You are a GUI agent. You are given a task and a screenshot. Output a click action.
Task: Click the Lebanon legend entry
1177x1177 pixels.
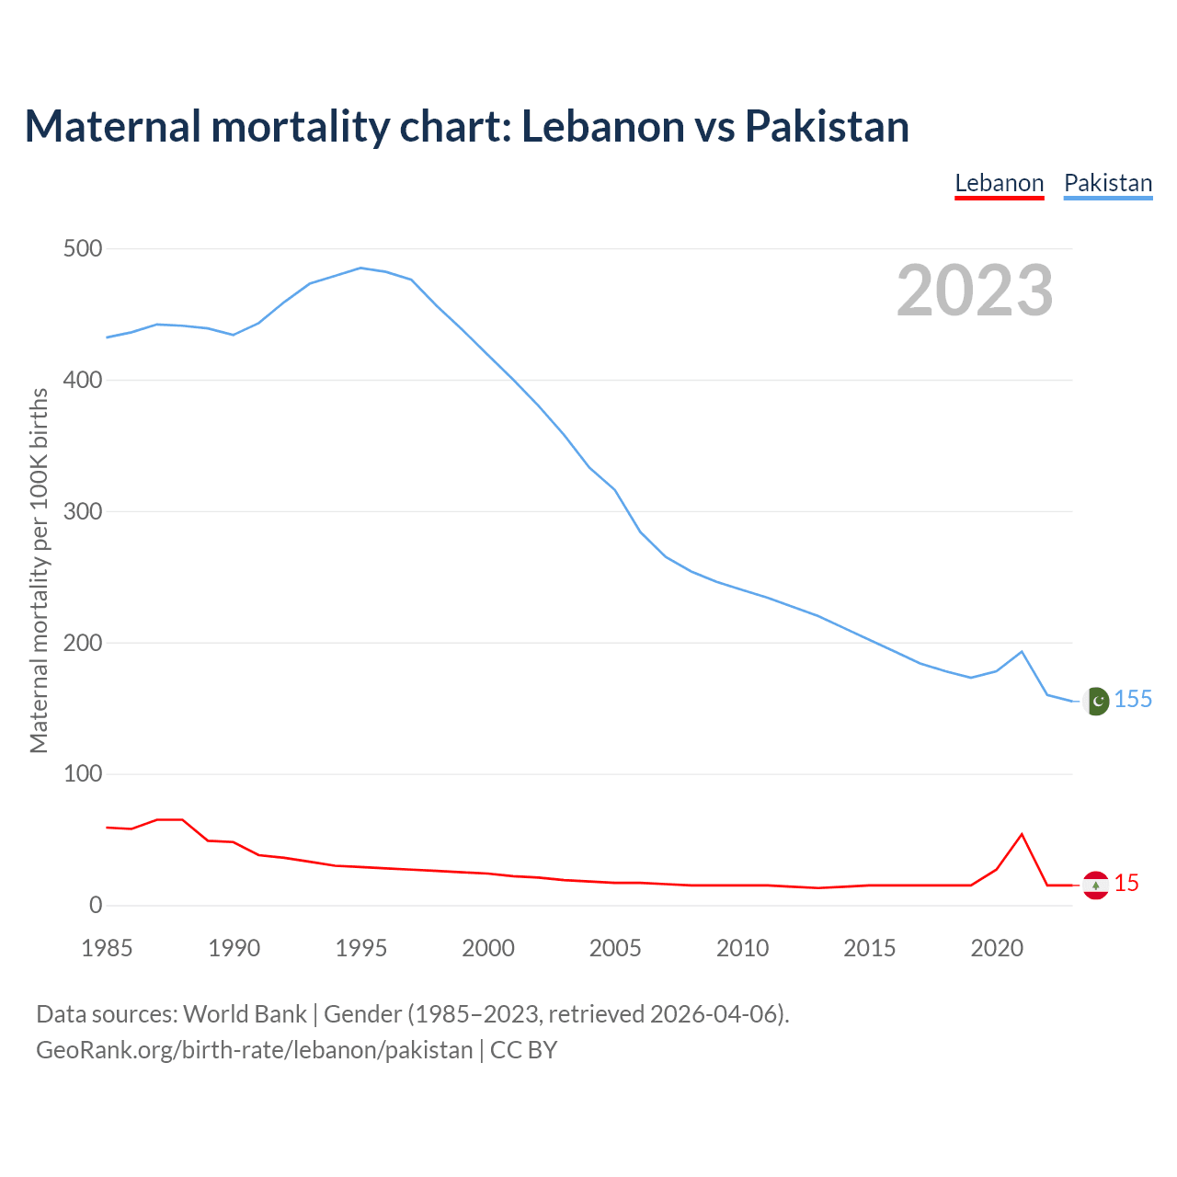[1000, 183]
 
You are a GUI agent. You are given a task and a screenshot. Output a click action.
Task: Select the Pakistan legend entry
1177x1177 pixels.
[1108, 183]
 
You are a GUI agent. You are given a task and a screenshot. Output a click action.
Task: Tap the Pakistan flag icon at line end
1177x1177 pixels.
[1095, 702]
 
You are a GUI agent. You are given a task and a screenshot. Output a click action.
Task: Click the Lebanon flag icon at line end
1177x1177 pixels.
[1095, 885]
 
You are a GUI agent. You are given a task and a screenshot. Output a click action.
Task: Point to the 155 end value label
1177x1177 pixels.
[1133, 700]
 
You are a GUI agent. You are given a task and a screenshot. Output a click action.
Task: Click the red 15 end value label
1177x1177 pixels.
[1126, 884]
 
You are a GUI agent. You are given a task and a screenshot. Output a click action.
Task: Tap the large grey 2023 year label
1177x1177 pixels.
[975, 291]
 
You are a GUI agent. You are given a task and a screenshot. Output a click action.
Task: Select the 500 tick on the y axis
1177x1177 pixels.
[83, 249]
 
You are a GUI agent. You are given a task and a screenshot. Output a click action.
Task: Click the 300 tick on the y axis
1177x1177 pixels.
[83, 511]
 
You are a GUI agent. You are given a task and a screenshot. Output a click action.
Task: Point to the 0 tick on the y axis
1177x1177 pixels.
[96, 906]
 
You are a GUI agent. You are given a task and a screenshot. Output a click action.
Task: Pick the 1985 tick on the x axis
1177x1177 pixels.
[107, 948]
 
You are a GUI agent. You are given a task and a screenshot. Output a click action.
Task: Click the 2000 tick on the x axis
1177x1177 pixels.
[488, 948]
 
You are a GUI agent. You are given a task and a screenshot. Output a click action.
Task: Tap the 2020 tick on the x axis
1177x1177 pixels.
[997, 948]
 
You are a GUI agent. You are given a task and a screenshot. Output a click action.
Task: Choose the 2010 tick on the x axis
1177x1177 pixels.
[742, 948]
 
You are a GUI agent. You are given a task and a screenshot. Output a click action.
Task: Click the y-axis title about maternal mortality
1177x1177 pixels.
[39, 570]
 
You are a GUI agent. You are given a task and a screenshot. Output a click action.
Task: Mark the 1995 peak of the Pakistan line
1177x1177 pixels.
[360, 268]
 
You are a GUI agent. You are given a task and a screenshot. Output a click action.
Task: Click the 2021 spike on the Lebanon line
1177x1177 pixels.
[1022, 834]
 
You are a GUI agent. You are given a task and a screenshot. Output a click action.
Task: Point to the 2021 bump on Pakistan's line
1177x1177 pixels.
[1022, 652]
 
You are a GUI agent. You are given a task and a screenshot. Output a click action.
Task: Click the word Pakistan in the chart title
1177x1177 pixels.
[827, 126]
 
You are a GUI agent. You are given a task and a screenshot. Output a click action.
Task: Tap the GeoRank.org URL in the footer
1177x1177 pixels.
[254, 1050]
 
